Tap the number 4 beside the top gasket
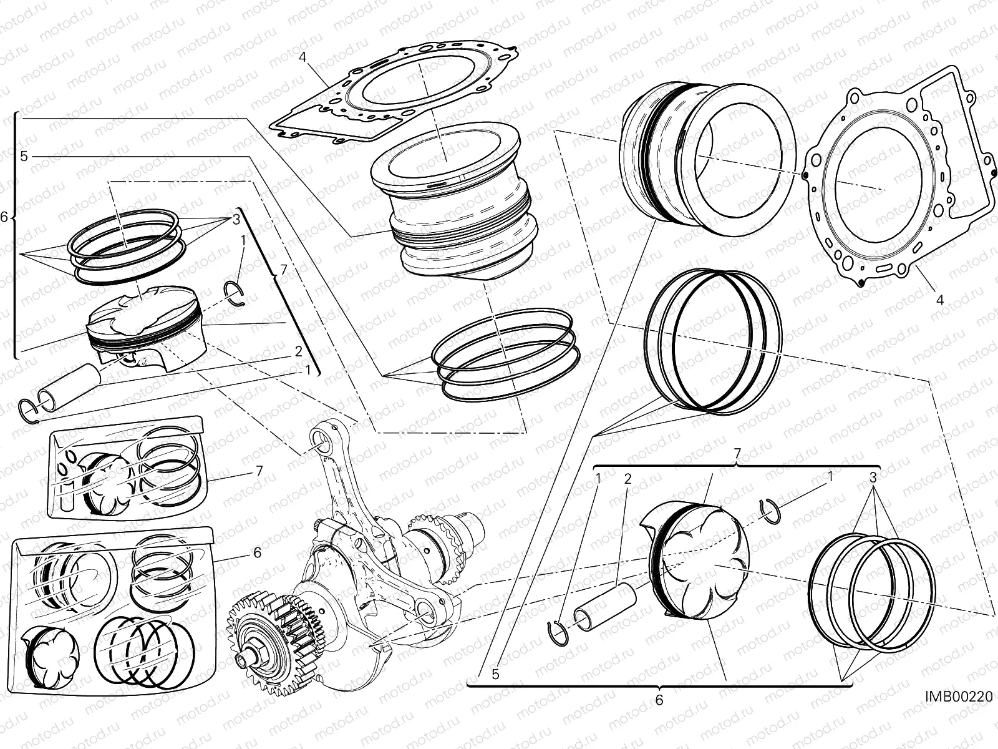tap(303, 57)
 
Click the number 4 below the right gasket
tap(940, 300)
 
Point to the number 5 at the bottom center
tap(495, 674)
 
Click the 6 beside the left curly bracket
tap(4, 217)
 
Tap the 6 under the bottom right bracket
tap(659, 700)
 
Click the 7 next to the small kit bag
tap(258, 470)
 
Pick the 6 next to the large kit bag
tap(256, 552)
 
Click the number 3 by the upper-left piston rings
tap(236, 219)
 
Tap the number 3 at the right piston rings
tap(873, 479)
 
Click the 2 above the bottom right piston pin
tap(627, 479)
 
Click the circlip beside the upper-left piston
tap(235, 294)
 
